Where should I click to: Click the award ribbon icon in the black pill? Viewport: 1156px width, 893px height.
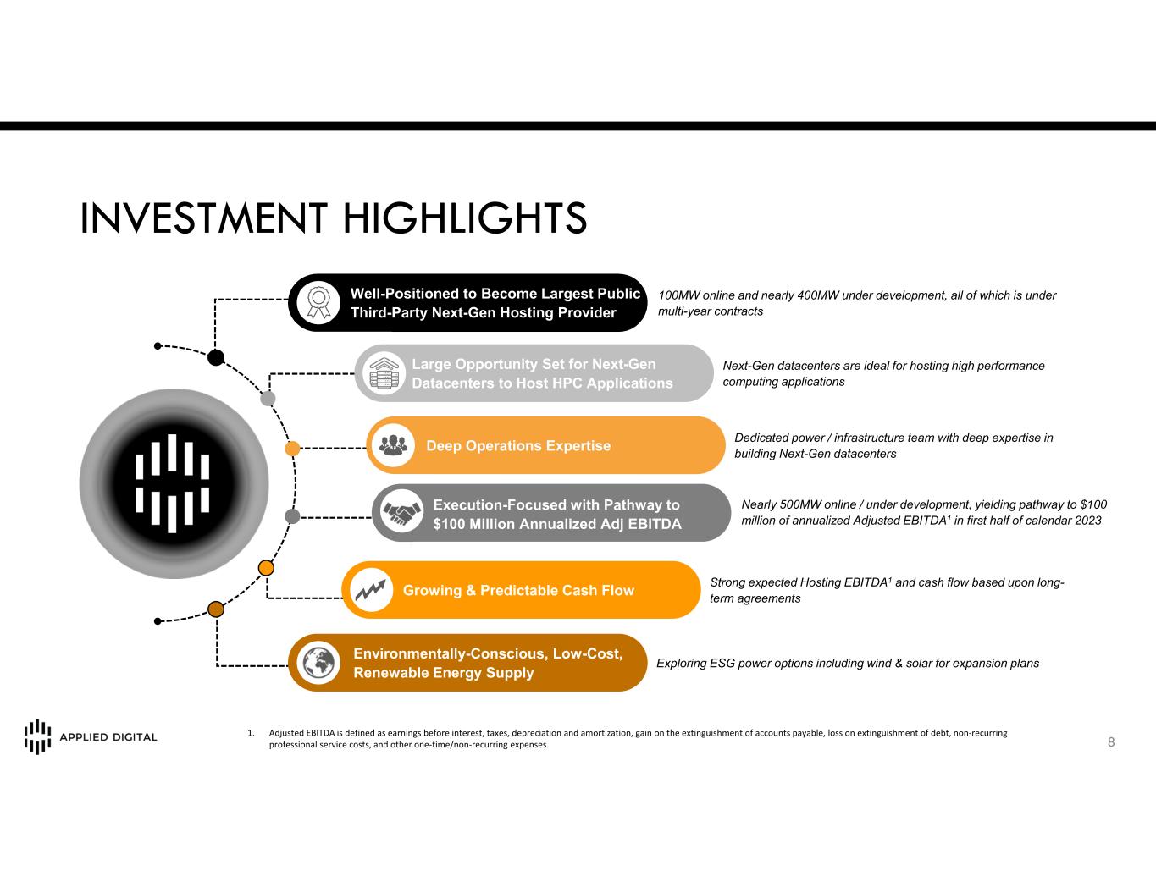click(x=318, y=302)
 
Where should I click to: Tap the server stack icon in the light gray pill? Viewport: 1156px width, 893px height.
click(x=384, y=373)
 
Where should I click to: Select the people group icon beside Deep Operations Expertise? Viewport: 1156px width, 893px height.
click(x=393, y=445)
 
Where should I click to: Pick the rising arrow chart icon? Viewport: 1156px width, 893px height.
click(x=371, y=589)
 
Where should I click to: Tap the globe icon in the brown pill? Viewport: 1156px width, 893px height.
click(x=318, y=662)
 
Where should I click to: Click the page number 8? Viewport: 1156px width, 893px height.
click(x=1111, y=742)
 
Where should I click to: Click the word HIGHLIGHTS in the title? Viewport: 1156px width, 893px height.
click(x=465, y=218)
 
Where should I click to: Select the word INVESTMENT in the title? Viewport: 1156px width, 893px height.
click(x=203, y=218)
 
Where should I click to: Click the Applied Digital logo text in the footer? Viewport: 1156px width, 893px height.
click(x=108, y=737)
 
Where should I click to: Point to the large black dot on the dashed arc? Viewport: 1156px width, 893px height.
click(x=215, y=357)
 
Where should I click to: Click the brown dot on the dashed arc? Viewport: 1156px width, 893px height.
click(x=215, y=609)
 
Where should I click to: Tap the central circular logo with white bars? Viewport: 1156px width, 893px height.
click(x=174, y=483)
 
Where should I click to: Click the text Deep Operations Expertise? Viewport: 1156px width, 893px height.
click(x=518, y=445)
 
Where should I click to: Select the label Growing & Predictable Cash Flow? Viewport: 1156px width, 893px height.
click(x=518, y=590)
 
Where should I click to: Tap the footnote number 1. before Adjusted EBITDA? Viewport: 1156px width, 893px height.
click(x=251, y=733)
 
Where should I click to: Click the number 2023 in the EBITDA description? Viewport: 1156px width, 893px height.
click(x=1087, y=521)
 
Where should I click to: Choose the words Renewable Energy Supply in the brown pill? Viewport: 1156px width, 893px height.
click(x=444, y=673)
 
